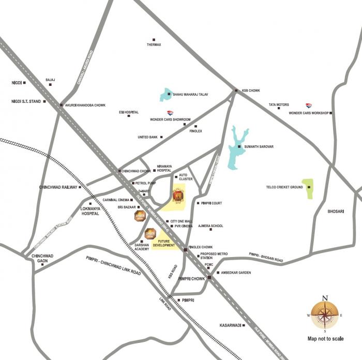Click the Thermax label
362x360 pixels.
click(154, 44)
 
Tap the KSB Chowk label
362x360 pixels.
click(251, 91)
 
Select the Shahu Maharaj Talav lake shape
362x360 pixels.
click(166, 95)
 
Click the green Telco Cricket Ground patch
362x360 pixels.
click(308, 189)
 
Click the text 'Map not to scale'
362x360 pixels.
click(325, 339)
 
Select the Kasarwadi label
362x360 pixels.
click(231, 325)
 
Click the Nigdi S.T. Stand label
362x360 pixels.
click(25, 101)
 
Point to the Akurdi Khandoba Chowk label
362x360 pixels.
click(85, 105)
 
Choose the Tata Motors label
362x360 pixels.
click(279, 105)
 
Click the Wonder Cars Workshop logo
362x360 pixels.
click(309, 105)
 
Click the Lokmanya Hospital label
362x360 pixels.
click(89, 211)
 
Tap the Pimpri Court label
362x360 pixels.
click(212, 203)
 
